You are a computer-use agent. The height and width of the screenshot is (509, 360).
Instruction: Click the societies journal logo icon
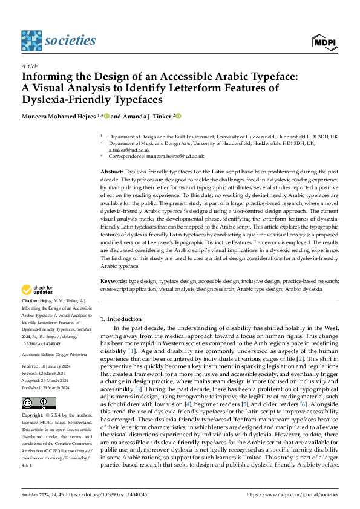31,41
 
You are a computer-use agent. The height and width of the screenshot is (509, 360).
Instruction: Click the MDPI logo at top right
324,41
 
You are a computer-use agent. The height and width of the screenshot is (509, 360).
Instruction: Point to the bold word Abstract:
112,172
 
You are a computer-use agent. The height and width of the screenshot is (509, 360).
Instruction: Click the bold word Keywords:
114,281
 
